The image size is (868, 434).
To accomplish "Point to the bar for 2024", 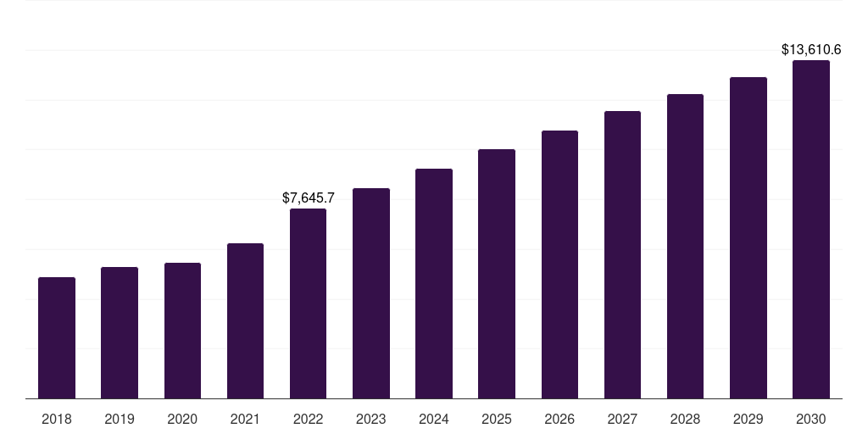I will point(434,283).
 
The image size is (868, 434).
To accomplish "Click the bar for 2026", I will point(559,264).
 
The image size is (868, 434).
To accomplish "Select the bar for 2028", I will point(685,246).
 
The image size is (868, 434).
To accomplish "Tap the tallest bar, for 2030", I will point(811,229).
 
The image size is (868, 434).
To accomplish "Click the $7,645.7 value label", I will point(309,198).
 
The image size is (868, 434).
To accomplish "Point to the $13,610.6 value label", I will point(811,50).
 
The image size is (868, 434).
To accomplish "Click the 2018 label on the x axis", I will point(57,419).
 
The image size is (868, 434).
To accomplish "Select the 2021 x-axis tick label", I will point(245,419).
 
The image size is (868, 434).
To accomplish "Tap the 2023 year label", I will point(371,419).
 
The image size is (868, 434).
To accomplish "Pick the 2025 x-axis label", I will point(497,419).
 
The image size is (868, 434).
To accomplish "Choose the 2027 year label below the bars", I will point(622,419).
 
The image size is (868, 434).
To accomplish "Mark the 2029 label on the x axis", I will point(748,419).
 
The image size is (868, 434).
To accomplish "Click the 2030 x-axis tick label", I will point(811,419).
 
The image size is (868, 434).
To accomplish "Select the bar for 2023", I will point(371,293).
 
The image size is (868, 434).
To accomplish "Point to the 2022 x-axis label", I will point(308,419).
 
